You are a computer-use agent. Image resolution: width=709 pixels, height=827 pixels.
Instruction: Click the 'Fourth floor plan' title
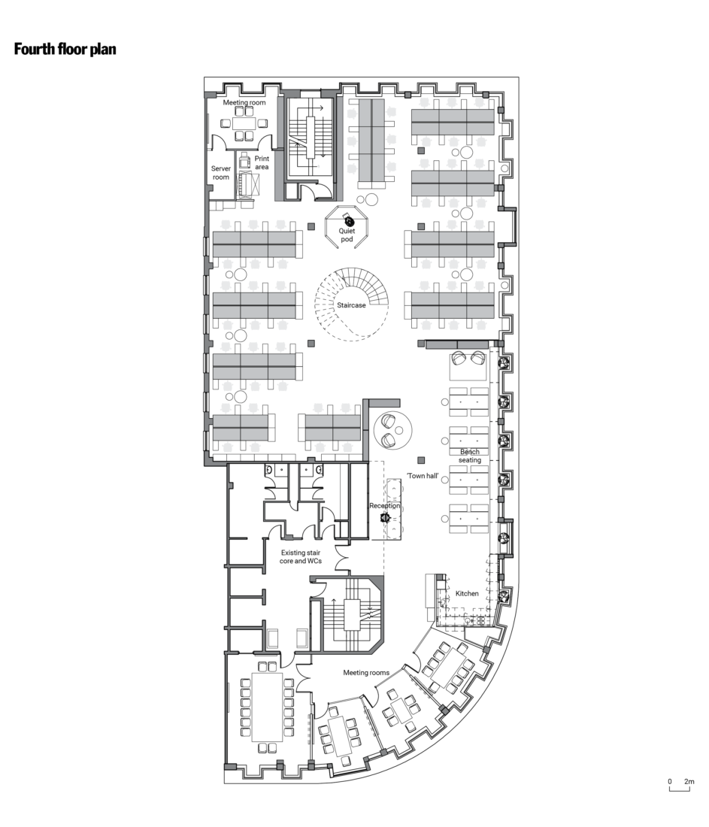(x=65, y=50)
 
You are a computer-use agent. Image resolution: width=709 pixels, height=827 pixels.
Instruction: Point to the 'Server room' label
(x=220, y=173)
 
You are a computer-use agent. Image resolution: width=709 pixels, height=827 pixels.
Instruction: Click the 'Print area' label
(x=262, y=162)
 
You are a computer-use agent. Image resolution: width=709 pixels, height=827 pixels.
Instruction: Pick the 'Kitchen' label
(x=467, y=593)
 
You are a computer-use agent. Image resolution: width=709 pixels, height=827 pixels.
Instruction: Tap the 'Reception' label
(x=384, y=506)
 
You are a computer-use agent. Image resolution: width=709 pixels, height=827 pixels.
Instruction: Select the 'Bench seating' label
(x=471, y=456)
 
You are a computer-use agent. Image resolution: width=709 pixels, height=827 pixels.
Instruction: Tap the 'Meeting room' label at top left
(x=244, y=101)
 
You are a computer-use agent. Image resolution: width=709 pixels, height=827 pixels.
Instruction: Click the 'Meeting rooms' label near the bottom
(x=365, y=672)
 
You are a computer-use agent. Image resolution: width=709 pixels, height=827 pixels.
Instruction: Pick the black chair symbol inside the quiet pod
(x=349, y=220)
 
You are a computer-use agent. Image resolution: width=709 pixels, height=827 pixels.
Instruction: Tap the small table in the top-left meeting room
(x=243, y=124)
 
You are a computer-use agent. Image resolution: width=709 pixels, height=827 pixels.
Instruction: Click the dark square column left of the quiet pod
(x=311, y=226)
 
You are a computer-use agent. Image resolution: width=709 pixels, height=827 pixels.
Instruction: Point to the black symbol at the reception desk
(x=384, y=517)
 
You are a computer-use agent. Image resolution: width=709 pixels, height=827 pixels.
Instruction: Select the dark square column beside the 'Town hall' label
(x=422, y=459)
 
